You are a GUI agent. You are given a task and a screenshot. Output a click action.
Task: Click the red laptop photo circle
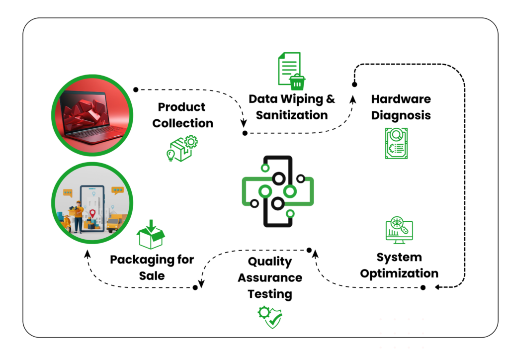pos(92,114)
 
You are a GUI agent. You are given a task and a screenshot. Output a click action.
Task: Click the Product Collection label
pos(183,115)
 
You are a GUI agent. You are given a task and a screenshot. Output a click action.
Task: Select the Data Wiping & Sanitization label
pos(292,107)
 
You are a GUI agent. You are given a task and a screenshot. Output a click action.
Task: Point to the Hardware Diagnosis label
pos(401,107)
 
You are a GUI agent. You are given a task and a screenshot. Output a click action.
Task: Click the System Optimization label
pos(399,265)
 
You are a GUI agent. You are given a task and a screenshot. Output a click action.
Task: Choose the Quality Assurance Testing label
pos(270,277)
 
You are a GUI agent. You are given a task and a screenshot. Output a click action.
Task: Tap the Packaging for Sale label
pos(152,267)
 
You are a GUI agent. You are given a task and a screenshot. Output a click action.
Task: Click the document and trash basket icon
pos(290,71)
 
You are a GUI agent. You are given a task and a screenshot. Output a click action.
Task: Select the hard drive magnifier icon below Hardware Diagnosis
pos(396,143)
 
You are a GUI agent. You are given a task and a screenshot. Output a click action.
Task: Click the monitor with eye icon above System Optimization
pos(399,230)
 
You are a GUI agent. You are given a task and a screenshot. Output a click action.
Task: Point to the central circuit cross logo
pos(277,191)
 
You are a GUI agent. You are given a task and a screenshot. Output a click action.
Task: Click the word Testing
pos(270,294)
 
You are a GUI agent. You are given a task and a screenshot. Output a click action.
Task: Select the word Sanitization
pos(292,115)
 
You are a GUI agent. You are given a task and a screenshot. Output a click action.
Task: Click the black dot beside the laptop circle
pos(136,89)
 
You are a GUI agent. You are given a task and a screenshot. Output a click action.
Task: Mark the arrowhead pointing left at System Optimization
pos(437,287)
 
